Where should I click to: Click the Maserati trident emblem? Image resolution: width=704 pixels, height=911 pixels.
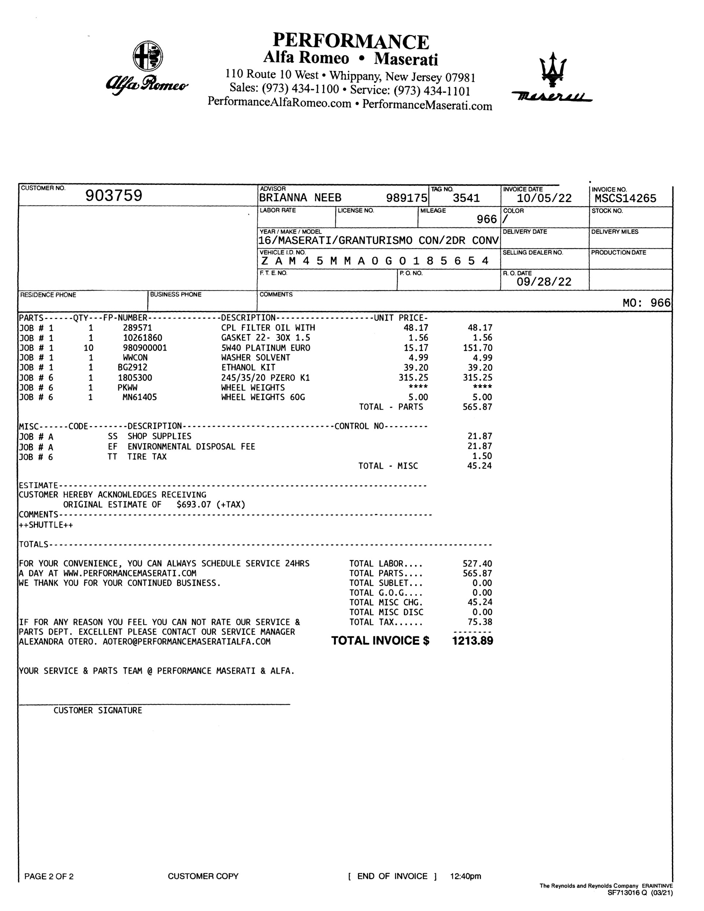pyautogui.click(x=553, y=70)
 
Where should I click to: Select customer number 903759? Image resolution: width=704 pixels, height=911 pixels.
pyautogui.click(x=114, y=195)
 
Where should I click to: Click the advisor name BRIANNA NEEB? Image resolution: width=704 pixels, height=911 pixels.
pyautogui.click(x=300, y=198)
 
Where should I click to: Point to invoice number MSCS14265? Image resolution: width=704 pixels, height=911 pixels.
pyautogui.click(x=625, y=198)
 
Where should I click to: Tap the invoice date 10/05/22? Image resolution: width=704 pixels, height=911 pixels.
pyautogui.click(x=544, y=198)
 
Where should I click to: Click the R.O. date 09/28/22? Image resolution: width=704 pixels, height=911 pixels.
pyautogui.click(x=544, y=282)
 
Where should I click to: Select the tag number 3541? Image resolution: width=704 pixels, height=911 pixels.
pyautogui.click(x=466, y=198)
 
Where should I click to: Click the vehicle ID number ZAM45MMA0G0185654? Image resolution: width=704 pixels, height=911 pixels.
pyautogui.click(x=374, y=261)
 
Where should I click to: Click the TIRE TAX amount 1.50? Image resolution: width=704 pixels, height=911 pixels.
pyautogui.click(x=482, y=456)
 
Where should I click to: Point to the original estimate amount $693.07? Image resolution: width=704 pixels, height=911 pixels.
pyautogui.click(x=194, y=504)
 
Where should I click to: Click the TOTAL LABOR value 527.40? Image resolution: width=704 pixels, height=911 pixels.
pyautogui.click(x=477, y=564)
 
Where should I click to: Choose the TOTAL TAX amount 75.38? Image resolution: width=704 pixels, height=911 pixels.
pyautogui.click(x=480, y=622)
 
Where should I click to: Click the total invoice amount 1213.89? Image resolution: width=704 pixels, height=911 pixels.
pyautogui.click(x=473, y=641)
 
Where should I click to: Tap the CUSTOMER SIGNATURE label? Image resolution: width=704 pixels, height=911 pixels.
pyautogui.click(x=98, y=710)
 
